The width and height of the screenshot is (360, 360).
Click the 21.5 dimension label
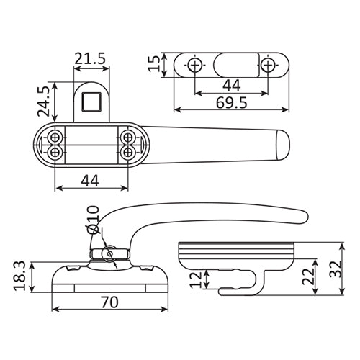[90, 58]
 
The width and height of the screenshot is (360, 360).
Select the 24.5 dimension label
[43, 102]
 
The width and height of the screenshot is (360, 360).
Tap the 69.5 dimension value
[231, 103]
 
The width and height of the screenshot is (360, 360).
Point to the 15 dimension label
[154, 63]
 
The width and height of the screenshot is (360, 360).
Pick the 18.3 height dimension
[19, 276]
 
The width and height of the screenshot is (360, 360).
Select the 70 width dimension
[109, 302]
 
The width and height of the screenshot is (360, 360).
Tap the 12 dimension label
[196, 279]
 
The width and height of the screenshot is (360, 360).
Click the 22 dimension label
[308, 276]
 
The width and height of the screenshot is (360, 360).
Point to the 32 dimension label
[336, 269]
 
